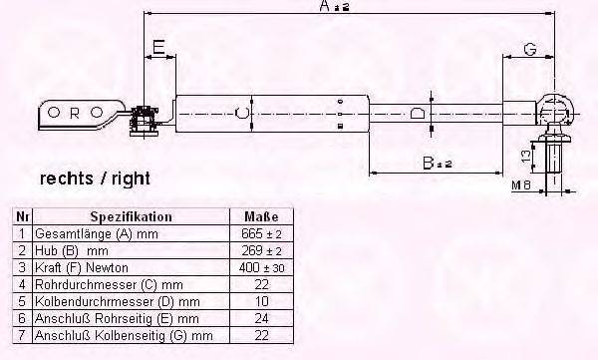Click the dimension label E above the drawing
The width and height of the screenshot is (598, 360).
tap(158, 47)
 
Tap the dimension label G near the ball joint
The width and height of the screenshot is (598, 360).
tap(530, 49)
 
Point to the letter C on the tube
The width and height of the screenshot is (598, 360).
tap(242, 113)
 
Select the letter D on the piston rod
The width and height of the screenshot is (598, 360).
tap(418, 114)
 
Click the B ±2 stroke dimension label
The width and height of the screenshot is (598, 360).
tap(438, 163)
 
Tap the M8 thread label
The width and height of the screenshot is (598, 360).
tap(521, 185)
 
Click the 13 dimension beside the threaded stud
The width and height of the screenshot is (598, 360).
tap(526, 157)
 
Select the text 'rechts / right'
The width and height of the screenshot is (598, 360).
tap(95, 179)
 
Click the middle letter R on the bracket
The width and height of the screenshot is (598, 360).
tap(75, 113)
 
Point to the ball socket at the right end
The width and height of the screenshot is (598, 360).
tap(556, 109)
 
